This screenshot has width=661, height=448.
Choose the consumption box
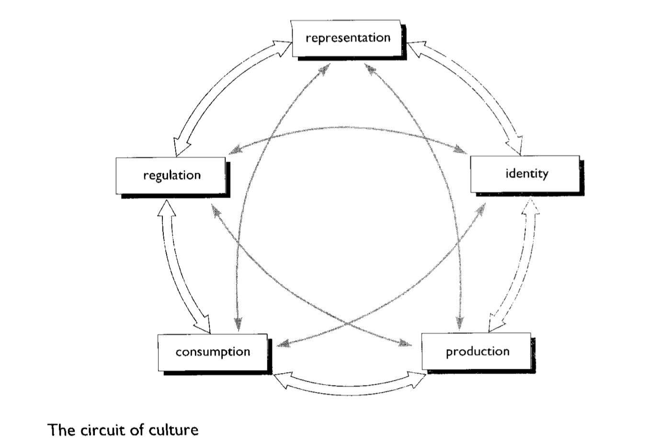pos(212,352)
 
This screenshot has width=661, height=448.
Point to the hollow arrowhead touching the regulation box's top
pos(180,147)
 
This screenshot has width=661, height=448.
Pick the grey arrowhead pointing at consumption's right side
pos(283,343)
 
